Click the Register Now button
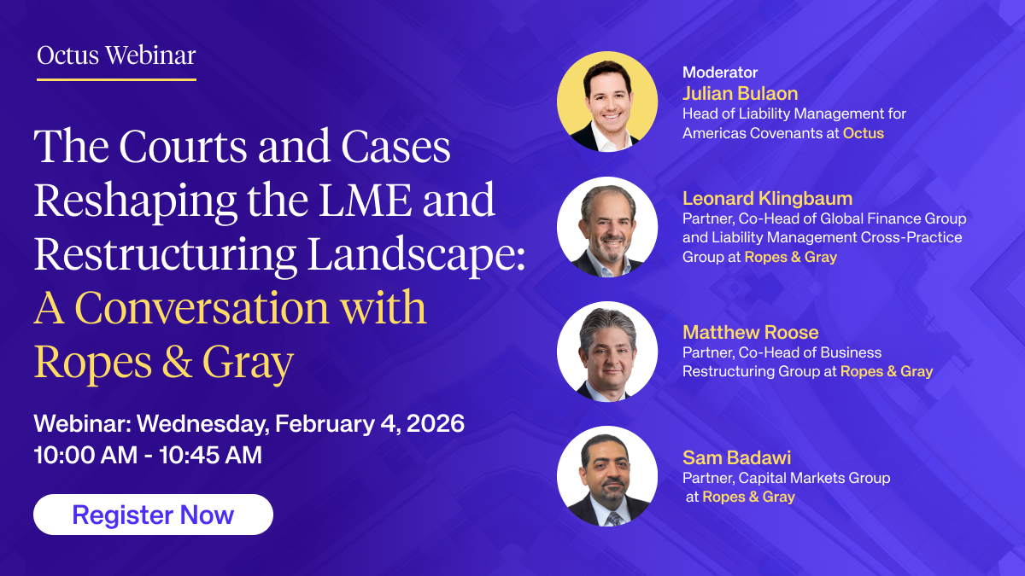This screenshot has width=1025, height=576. pos(153,515)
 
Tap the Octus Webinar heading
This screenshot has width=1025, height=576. pos(116,55)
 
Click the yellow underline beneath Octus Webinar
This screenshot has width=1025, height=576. pos(116,79)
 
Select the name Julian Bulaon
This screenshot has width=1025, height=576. pos(740,94)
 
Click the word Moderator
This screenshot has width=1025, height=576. pos(720,73)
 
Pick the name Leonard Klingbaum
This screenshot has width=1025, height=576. pos(767,198)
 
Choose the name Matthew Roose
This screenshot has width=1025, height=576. pos(751,332)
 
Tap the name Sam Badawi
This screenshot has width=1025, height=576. pos(736,457)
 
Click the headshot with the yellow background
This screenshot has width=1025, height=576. pos(607,102)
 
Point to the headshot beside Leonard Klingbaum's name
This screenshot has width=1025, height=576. pos(607,227)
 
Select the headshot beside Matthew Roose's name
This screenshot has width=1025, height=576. pos(607,352)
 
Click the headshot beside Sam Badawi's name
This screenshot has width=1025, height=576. pos(607,476)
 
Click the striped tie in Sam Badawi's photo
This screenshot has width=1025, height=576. pos(612,519)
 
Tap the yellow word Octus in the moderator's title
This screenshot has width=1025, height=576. pos(863,133)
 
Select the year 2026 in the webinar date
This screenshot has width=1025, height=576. pos(435,423)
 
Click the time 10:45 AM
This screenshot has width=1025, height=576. pos(210,455)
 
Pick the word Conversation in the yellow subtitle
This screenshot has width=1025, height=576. pos(202,307)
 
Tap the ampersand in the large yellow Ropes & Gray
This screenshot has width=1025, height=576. pos(177,362)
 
